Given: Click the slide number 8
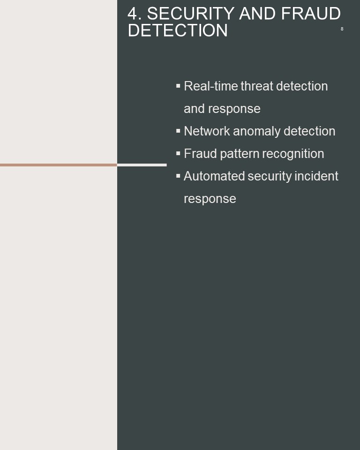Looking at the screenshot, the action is (x=342, y=29).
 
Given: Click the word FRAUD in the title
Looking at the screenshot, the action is (x=311, y=14).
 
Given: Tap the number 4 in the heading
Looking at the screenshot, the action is (x=133, y=14).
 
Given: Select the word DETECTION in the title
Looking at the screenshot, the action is (x=178, y=30).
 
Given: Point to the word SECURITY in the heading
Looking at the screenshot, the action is (x=191, y=14).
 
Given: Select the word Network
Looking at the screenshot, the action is (x=207, y=131).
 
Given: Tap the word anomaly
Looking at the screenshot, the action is (x=257, y=132).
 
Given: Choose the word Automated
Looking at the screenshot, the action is (x=214, y=176).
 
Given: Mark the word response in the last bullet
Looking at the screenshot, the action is (x=210, y=199).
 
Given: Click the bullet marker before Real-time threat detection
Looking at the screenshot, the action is (x=178, y=86).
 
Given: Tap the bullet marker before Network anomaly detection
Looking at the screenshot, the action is (x=178, y=131).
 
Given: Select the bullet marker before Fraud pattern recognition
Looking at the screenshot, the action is (x=178, y=154).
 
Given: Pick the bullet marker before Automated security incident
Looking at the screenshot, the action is (x=178, y=176).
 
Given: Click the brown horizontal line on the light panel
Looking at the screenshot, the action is (x=59, y=165).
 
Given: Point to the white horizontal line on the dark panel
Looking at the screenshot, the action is (x=142, y=165).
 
